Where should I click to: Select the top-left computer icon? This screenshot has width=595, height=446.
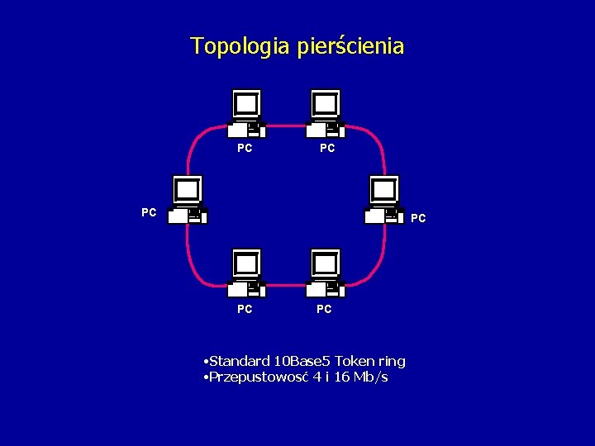click(246, 114)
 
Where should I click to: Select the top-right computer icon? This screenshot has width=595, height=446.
click(326, 114)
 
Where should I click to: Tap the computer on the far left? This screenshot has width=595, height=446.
click(188, 201)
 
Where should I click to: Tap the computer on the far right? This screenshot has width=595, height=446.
click(384, 201)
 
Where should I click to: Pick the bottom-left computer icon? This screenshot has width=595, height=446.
click(246, 273)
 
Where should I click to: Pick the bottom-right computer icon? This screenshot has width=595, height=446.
click(326, 273)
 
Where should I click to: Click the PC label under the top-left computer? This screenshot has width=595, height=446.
click(245, 149)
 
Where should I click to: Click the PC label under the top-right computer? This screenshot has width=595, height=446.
click(327, 149)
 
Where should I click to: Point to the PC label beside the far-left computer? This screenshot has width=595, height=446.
click(149, 212)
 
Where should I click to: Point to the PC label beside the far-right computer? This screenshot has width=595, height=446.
click(418, 219)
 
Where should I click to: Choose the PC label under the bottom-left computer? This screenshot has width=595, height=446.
click(245, 309)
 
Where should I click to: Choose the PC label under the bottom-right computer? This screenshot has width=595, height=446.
click(324, 309)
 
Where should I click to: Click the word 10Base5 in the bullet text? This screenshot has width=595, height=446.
click(304, 361)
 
